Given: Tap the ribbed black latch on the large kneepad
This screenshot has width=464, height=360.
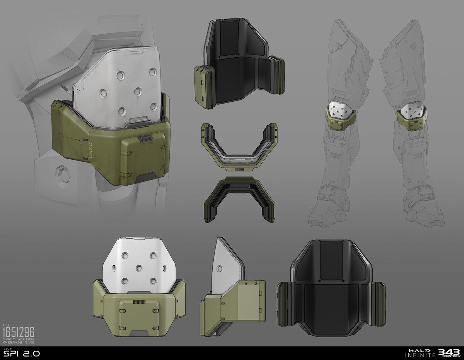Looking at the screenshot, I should pos(144,139).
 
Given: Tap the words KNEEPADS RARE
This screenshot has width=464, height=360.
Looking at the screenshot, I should pos(19,343).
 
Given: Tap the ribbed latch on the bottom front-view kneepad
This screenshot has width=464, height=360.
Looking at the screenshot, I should pos(138,301).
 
